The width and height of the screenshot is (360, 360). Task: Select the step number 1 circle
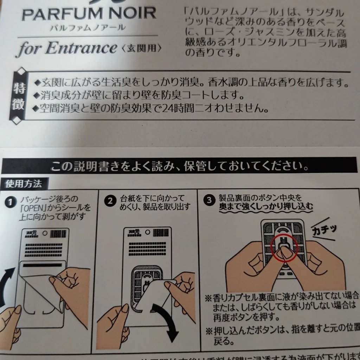[x=11, y=202]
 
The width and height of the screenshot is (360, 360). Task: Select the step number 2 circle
[x=110, y=201]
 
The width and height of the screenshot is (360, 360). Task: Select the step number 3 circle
[x=210, y=200]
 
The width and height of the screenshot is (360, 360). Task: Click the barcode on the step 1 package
[x=58, y=233]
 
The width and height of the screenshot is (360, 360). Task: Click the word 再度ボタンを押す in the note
[x=246, y=318]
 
